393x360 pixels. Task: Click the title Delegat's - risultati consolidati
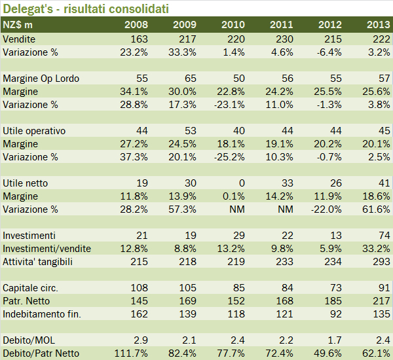85,9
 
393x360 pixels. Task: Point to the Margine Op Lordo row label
41,79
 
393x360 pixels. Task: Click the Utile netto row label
26,183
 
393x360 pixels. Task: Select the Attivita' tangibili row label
47,262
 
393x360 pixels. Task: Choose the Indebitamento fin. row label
43,314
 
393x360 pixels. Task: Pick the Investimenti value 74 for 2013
384,236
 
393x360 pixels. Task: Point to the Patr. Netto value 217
383,301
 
